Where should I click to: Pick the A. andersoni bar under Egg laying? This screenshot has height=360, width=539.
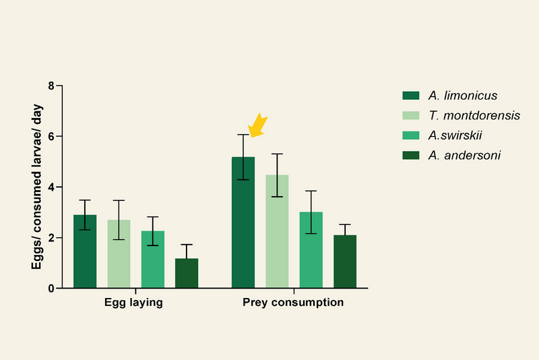(187, 273)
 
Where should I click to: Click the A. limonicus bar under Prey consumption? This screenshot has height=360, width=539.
(243, 222)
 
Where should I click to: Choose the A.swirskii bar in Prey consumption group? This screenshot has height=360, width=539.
(311, 250)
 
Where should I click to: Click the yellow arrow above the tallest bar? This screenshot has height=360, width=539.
(257, 125)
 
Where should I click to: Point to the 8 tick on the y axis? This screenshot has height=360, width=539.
(50, 86)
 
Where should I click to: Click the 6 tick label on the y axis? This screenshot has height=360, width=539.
(50, 137)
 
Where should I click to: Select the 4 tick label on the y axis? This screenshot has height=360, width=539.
(50, 187)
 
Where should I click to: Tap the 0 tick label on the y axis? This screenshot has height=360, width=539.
(50, 289)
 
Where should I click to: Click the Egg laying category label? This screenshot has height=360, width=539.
(133, 303)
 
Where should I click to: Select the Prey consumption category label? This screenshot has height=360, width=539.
(293, 303)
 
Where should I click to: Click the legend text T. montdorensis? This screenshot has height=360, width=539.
(474, 115)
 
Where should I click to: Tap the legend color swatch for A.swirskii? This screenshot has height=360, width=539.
(410, 135)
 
